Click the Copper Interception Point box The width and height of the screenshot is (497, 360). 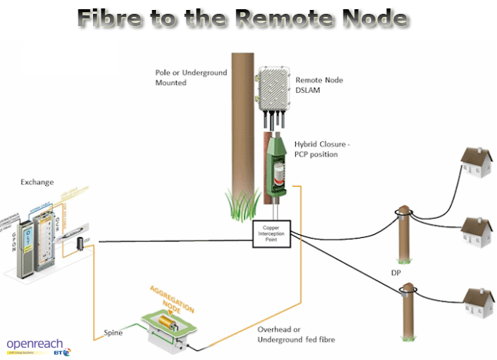[273, 233]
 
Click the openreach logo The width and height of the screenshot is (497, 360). [35, 345]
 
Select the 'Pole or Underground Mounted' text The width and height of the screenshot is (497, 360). [181, 77]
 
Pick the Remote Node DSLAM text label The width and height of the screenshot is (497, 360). [322, 83]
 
